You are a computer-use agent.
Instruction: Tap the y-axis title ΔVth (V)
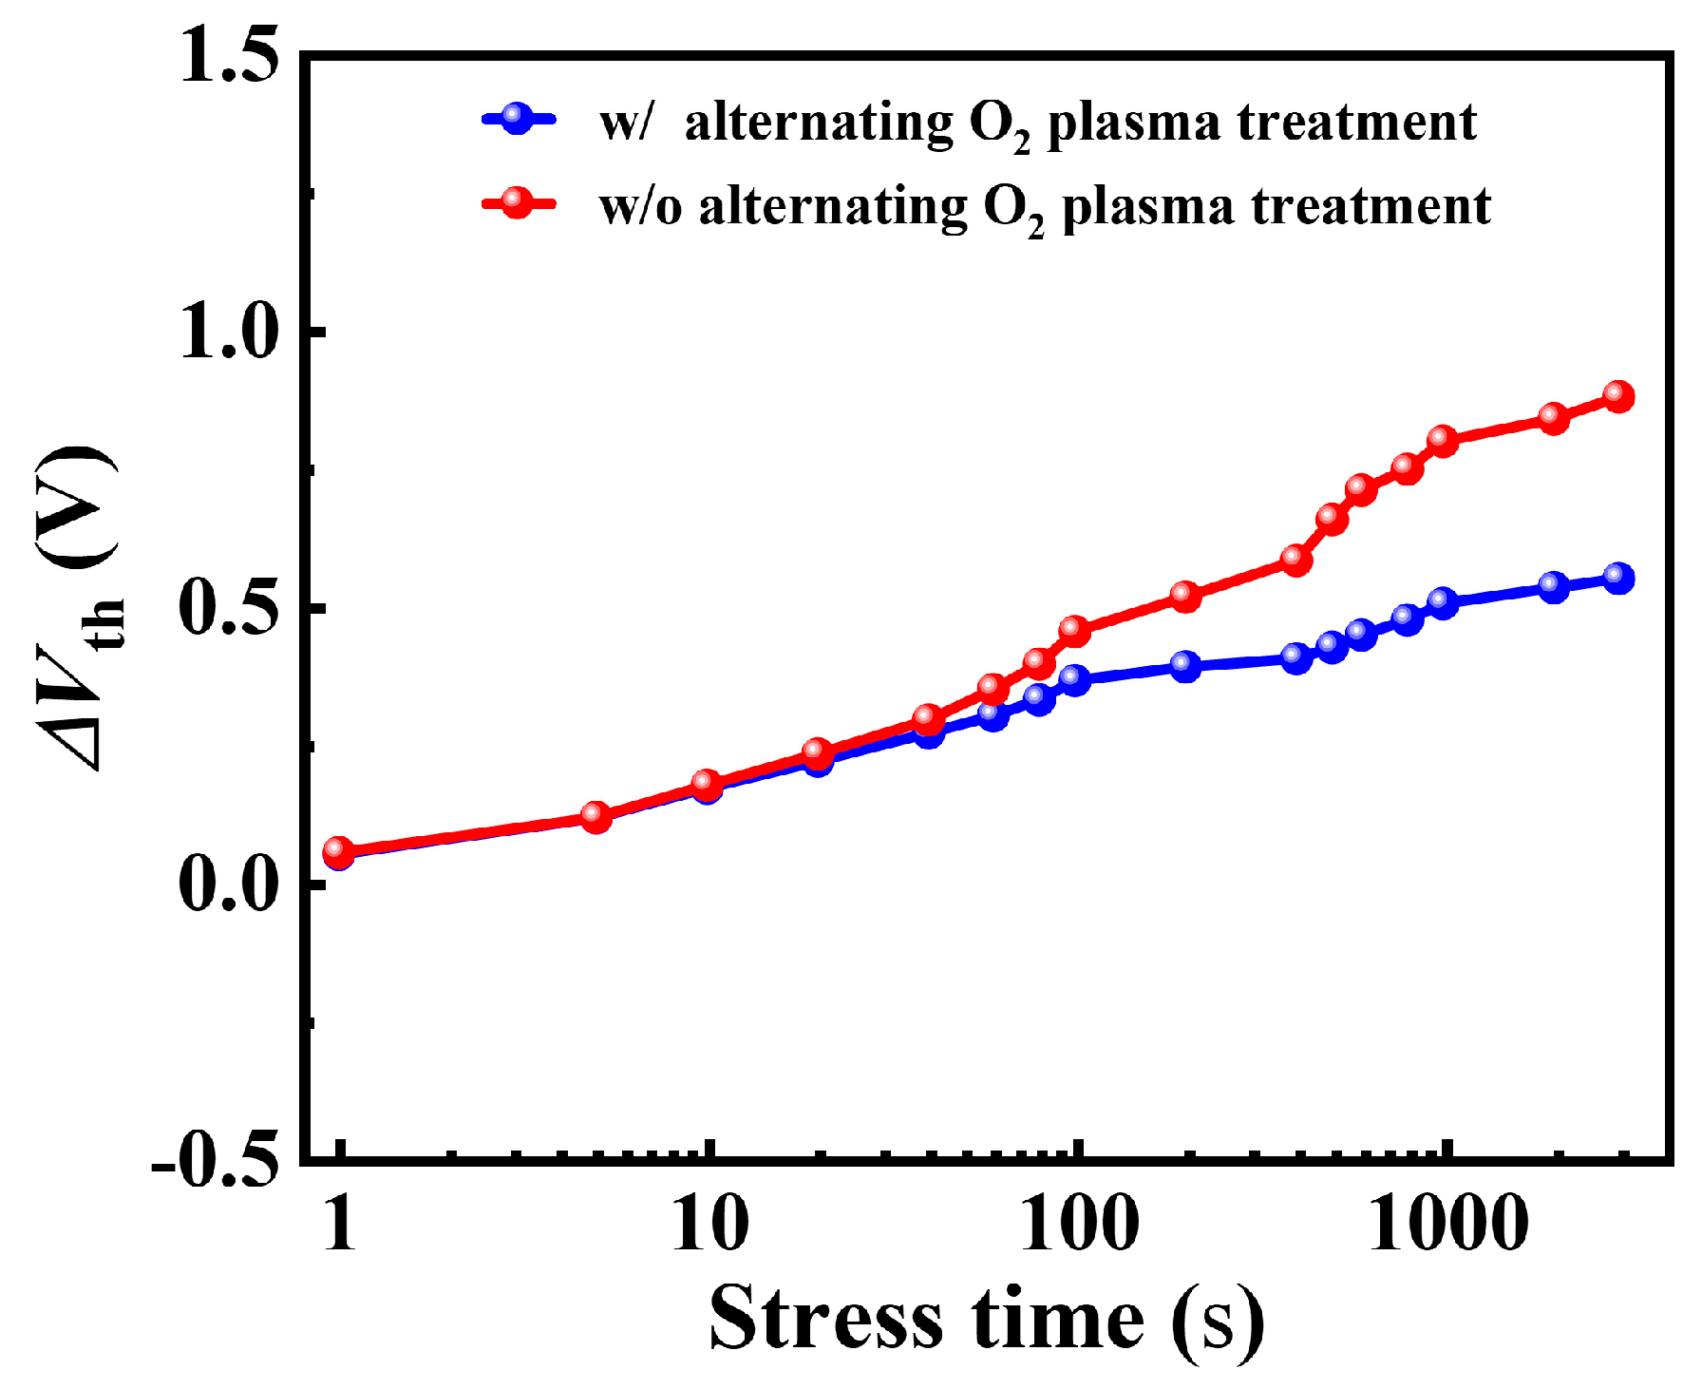tap(81, 608)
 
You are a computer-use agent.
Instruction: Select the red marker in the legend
tap(517, 202)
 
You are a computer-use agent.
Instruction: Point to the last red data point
tap(1618, 396)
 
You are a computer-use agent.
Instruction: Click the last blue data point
tap(1618, 578)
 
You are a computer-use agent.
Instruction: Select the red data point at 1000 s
tap(1443, 440)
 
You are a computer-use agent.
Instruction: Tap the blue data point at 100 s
tap(1074, 679)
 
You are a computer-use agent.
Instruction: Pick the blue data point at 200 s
tap(1185, 665)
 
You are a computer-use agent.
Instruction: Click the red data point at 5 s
tap(596, 816)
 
